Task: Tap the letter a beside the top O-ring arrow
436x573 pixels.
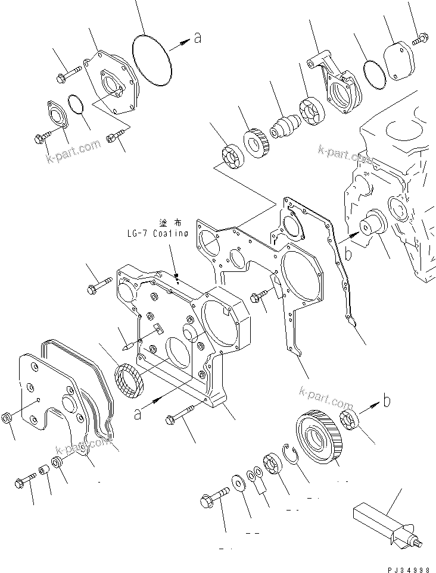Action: point(198,39)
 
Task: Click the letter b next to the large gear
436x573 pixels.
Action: point(387,402)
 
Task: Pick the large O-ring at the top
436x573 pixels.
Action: point(151,53)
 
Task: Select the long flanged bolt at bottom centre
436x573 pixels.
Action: point(181,415)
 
